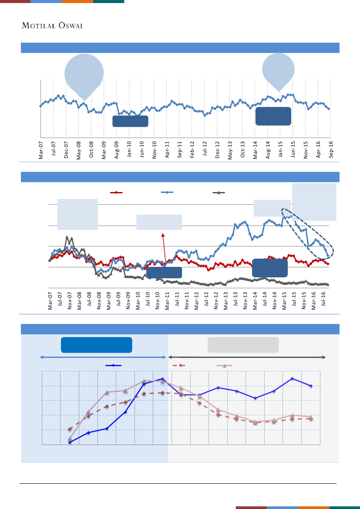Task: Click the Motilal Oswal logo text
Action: pos(53,25)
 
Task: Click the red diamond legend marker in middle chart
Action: pos(116,192)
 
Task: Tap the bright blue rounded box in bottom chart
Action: pos(97,345)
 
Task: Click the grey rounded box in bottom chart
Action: pos(243,345)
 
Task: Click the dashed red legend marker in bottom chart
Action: pos(179,366)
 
